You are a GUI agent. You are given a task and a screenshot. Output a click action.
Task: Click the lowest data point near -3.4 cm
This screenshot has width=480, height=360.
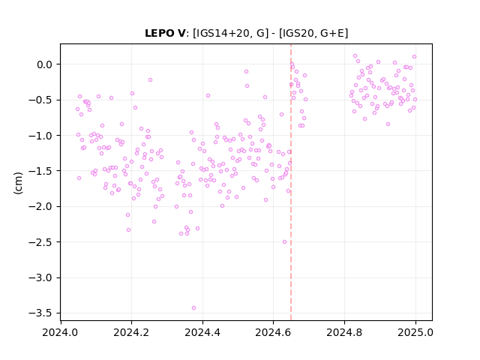(x=193, y=308)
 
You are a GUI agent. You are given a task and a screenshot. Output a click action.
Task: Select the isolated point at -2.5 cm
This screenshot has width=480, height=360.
(x=285, y=241)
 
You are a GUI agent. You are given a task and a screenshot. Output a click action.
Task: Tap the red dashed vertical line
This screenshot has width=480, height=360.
(x=291, y=182)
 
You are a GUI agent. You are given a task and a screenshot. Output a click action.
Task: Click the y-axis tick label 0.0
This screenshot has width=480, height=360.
(x=45, y=64)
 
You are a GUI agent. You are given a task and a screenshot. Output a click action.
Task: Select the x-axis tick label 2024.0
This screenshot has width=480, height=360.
(x=60, y=332)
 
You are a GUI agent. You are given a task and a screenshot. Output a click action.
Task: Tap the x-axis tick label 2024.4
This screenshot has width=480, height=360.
(x=202, y=332)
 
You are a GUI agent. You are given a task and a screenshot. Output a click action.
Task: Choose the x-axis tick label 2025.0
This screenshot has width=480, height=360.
(x=415, y=332)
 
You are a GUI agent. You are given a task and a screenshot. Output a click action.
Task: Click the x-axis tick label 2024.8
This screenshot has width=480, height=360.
(x=344, y=332)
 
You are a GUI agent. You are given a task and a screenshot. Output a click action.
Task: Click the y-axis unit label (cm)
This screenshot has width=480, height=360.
(x=18, y=182)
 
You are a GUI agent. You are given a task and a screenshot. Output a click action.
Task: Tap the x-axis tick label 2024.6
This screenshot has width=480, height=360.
(x=273, y=332)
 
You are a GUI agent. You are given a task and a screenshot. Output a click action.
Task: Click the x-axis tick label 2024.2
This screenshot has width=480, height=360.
(x=131, y=332)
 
